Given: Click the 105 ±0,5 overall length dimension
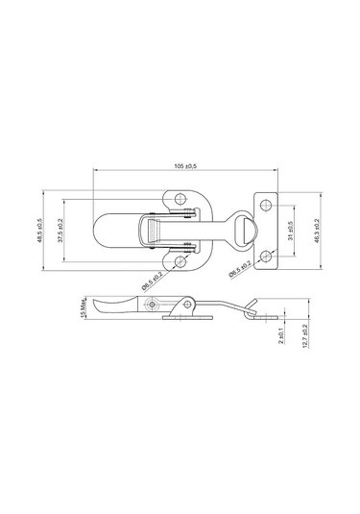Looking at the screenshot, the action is pyautogui.click(x=185, y=166).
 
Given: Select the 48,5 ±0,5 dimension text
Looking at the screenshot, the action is pyautogui.click(x=39, y=231).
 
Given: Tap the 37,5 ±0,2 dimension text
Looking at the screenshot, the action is pyautogui.click(x=60, y=231).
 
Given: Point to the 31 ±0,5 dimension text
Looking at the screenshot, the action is pyautogui.click(x=291, y=231).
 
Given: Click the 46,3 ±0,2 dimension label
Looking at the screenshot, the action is pyautogui.click(x=317, y=231).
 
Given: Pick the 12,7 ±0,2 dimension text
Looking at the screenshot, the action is pyautogui.click(x=305, y=336).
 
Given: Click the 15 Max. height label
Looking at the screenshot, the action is pyautogui.click(x=83, y=307).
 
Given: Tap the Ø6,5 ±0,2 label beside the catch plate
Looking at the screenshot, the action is pyautogui.click(x=240, y=269).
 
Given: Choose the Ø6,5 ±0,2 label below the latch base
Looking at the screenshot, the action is pyautogui.click(x=152, y=281).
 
